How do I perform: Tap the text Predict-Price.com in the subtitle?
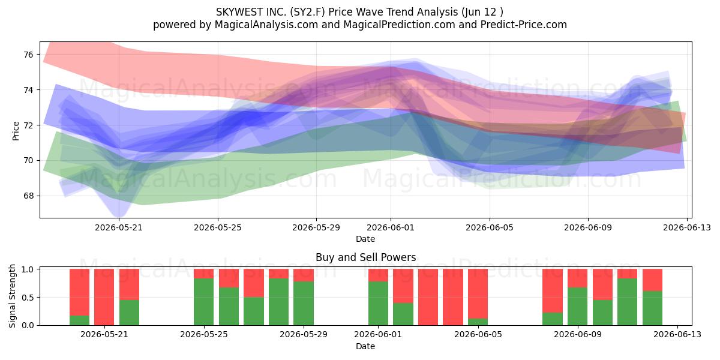tap(524, 25)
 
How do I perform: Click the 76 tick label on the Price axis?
tap(29, 55)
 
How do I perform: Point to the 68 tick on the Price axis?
tap(29, 196)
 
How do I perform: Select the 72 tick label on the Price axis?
tap(29, 125)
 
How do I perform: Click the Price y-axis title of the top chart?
tap(16, 131)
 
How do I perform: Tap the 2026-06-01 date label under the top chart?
tap(391, 227)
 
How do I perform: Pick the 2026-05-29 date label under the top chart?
tap(316, 227)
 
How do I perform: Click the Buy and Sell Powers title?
tap(366, 257)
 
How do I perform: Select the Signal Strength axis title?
tap(12, 296)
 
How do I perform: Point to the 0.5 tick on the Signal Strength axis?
tap(28, 298)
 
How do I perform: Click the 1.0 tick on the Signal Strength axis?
tap(28, 269)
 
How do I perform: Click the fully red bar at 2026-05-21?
tap(104, 297)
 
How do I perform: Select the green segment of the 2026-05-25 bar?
tap(204, 302)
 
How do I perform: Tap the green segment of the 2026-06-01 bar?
tap(379, 304)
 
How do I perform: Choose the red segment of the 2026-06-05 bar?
tap(478, 294)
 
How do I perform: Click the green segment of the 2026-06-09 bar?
tap(578, 307)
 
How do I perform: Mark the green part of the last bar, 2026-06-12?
tap(653, 308)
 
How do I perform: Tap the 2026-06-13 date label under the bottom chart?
tap(677, 335)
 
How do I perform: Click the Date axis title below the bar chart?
tap(365, 347)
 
